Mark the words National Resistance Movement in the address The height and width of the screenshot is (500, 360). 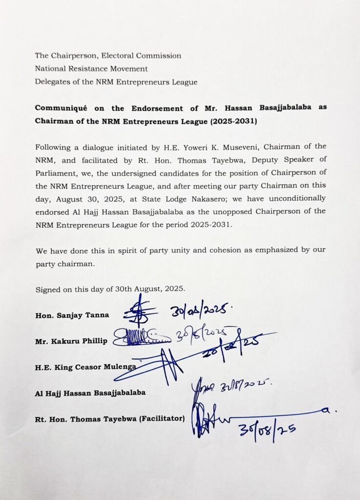pos(91,69)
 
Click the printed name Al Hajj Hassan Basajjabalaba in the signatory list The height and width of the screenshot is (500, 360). pos(90,393)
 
